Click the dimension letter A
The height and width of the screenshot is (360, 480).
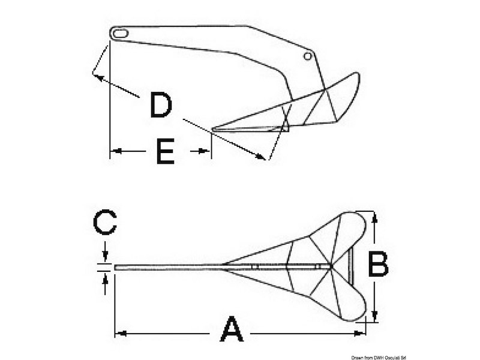(x=232, y=329)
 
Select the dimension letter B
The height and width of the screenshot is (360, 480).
(x=378, y=263)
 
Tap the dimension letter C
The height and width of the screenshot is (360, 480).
(x=105, y=222)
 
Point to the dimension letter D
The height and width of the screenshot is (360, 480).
(x=161, y=106)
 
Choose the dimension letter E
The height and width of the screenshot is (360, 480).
(x=166, y=151)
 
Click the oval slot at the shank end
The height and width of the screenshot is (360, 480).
(x=119, y=34)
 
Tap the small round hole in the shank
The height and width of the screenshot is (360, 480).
(x=308, y=56)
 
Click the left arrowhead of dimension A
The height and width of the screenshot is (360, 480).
(x=122, y=334)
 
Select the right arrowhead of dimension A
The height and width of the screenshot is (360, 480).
(x=359, y=334)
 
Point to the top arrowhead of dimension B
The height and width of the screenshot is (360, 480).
(x=374, y=217)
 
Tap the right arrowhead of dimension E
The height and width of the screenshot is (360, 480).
(x=205, y=151)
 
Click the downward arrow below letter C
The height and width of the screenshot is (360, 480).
(x=106, y=253)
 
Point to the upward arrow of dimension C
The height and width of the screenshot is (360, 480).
(x=106, y=284)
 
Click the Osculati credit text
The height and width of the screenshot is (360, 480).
(x=379, y=358)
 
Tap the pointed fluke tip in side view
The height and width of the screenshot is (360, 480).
(x=212, y=129)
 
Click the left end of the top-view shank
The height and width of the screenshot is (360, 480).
(x=115, y=268)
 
